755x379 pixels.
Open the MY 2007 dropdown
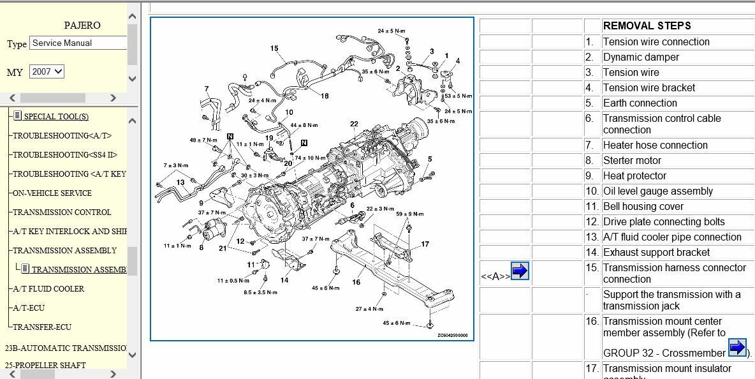[x=47, y=71]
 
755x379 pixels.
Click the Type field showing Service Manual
[x=78, y=43]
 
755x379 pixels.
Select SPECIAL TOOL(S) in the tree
[x=56, y=117]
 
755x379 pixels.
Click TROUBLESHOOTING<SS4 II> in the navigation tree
[x=65, y=155]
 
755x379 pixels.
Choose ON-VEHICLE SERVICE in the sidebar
[x=52, y=193]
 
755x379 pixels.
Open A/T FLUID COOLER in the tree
[x=48, y=289]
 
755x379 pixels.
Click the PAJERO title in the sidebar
[x=82, y=26]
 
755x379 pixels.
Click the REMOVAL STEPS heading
[x=647, y=26]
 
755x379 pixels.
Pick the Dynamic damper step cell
[x=641, y=57]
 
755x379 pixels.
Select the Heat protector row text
[x=634, y=176]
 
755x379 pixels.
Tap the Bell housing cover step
[x=643, y=207]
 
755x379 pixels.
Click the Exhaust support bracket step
[x=656, y=253]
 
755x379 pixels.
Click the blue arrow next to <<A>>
[x=520, y=271]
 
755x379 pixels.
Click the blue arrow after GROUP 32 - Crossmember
[x=737, y=348]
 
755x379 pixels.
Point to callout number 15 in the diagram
[x=274, y=48]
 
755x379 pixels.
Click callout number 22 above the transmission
[x=354, y=124]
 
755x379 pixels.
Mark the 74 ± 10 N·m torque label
[x=312, y=158]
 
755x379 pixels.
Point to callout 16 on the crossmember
[x=356, y=282]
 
